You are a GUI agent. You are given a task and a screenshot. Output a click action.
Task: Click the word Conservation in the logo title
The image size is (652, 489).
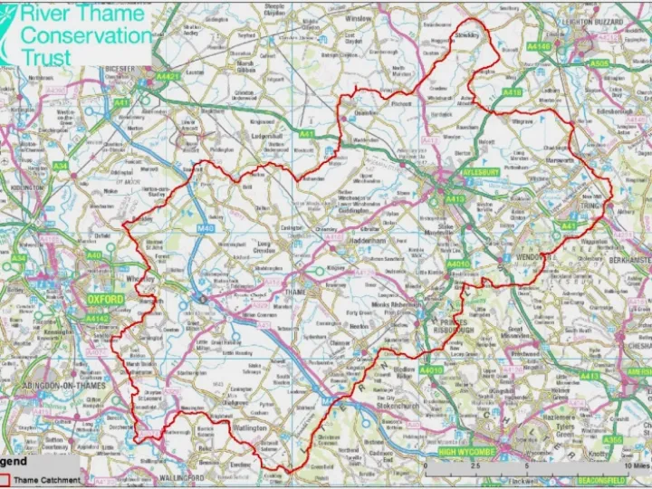point(86,36)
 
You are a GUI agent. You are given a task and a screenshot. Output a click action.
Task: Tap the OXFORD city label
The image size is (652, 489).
point(105,299)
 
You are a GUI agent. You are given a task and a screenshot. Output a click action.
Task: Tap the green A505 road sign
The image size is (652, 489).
point(599,64)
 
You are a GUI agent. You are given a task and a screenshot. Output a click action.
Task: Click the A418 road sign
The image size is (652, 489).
point(512,92)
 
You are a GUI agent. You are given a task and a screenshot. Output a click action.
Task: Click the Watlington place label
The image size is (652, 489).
point(247,427)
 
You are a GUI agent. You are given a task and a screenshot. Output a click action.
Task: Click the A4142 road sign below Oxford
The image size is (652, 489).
point(97,319)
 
